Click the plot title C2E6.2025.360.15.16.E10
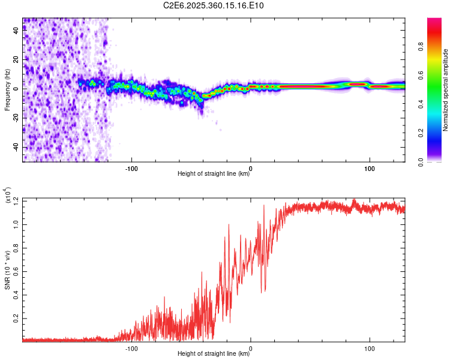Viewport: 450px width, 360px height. tap(214, 5)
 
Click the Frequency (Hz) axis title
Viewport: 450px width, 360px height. tap(7, 90)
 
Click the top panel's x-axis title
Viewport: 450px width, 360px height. tap(214, 173)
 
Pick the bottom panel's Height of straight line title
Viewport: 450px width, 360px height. tap(214, 353)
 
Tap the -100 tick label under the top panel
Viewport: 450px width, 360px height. tap(131, 167)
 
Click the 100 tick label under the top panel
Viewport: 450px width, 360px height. tap(370, 167)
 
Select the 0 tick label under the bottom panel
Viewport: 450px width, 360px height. tap(251, 347)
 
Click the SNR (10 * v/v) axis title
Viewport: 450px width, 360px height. tap(7, 270)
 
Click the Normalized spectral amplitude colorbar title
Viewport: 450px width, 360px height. tap(445, 90)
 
